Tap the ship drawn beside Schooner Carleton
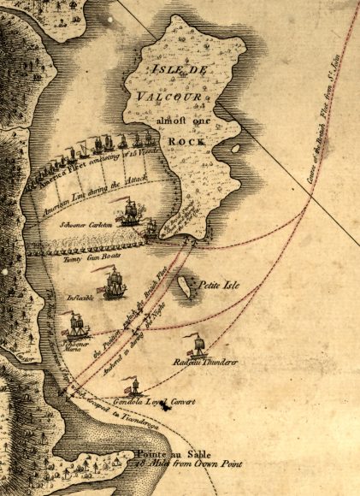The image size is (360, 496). click(x=131, y=210)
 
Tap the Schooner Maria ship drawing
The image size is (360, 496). click(x=78, y=324)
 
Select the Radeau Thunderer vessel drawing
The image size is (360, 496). click(x=199, y=345)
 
